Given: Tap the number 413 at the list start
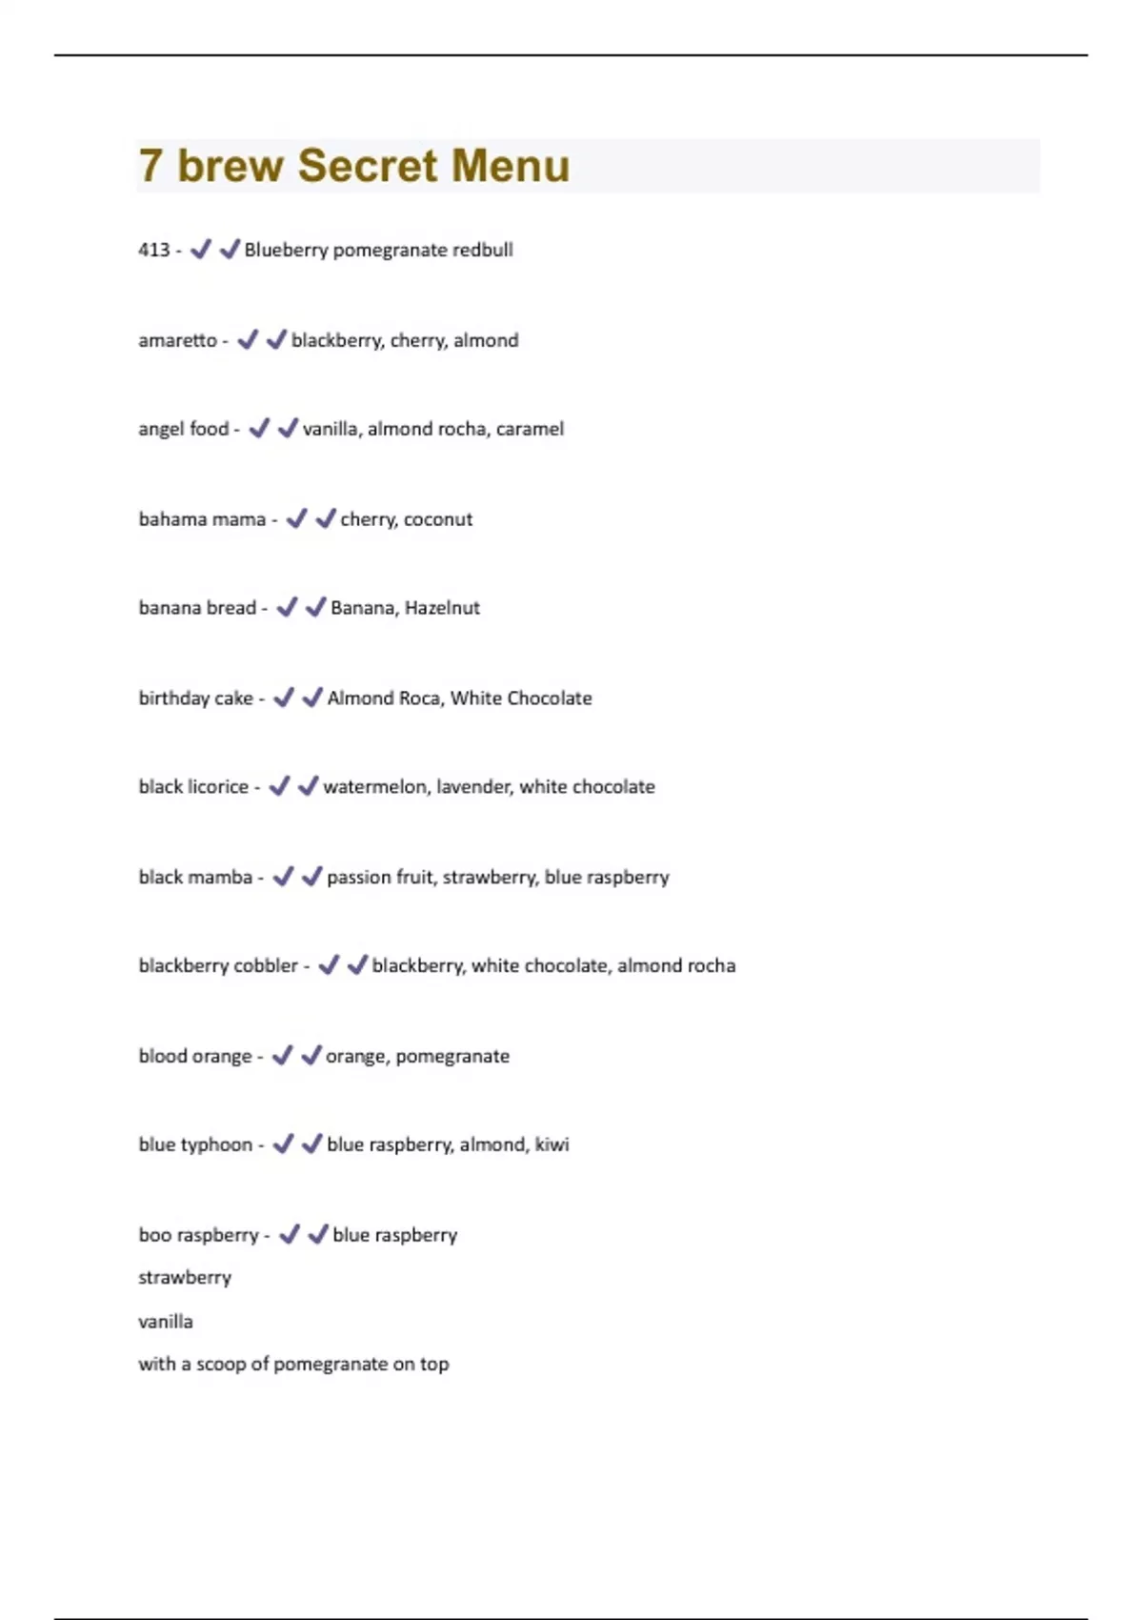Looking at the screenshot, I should click(154, 250).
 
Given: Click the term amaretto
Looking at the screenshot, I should click(177, 340).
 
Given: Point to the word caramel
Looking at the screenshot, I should click(530, 429).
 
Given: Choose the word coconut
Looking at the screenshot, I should click(438, 519).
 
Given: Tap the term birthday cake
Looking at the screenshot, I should click(195, 699).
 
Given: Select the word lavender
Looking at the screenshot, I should click(471, 787).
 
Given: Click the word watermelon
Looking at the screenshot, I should click(375, 787).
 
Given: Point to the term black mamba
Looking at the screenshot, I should click(195, 877).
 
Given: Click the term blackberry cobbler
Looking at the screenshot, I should click(218, 965).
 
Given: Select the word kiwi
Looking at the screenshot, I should click(551, 1144).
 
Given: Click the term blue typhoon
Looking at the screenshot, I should click(195, 1144).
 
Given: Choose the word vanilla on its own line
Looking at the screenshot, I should click(166, 1322).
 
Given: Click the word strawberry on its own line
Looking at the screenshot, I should click(185, 1278).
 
